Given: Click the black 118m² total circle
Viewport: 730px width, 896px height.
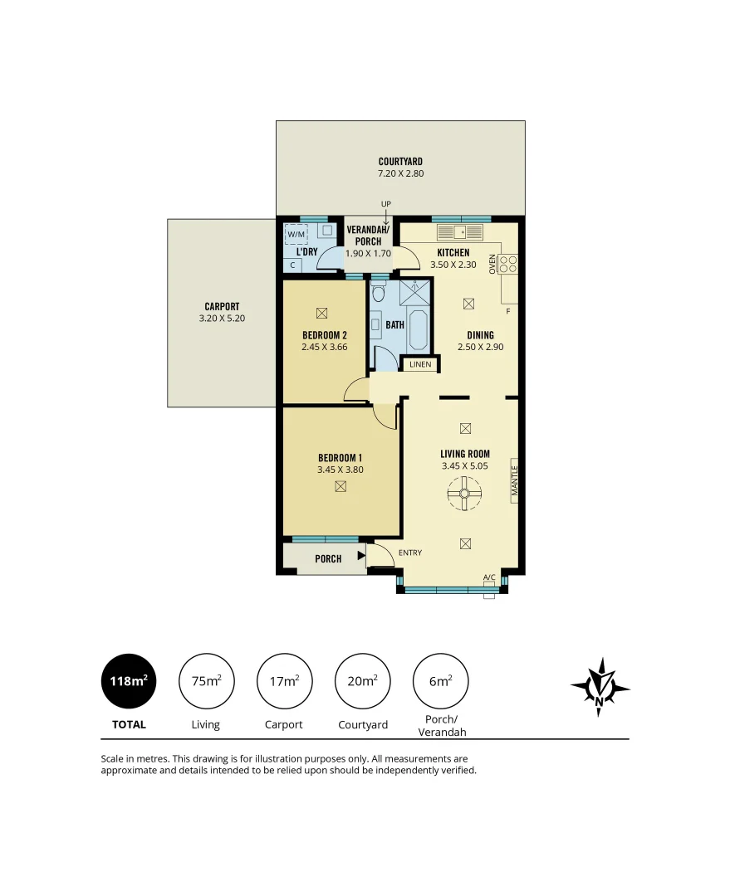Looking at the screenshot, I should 129,681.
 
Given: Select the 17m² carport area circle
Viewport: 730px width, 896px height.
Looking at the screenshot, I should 284,681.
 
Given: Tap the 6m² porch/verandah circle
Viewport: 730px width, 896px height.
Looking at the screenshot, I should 440,681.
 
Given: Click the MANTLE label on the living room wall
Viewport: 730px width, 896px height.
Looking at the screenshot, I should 515,480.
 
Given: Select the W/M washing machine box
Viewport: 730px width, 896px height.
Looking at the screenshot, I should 296,234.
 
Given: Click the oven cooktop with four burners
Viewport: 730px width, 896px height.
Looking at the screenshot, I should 508,264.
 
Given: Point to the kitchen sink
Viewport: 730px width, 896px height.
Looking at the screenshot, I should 456,231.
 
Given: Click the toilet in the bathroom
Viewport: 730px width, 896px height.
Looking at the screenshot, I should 379,292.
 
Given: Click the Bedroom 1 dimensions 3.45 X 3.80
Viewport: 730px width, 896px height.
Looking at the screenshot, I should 340,470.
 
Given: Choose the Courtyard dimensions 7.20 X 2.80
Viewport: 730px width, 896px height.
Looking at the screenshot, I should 400,174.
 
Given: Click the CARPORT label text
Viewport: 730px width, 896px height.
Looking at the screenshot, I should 222,306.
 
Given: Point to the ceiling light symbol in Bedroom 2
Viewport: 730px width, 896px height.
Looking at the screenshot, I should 321,313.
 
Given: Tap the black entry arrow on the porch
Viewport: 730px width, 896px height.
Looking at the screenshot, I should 361,557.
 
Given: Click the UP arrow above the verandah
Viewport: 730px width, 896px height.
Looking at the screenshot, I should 386,214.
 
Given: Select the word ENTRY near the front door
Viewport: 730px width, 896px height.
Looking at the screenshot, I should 410,553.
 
